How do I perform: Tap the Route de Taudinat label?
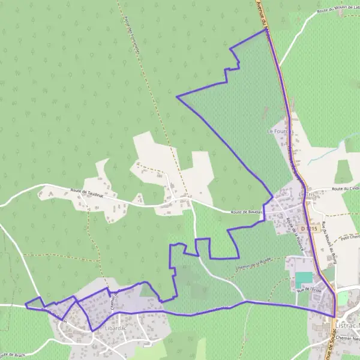coord(86,192)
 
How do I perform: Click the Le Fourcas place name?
coord(279,130)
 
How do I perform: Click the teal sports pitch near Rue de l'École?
coord(304,279)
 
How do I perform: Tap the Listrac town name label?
coord(346,325)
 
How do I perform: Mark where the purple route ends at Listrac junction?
coord(334,316)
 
